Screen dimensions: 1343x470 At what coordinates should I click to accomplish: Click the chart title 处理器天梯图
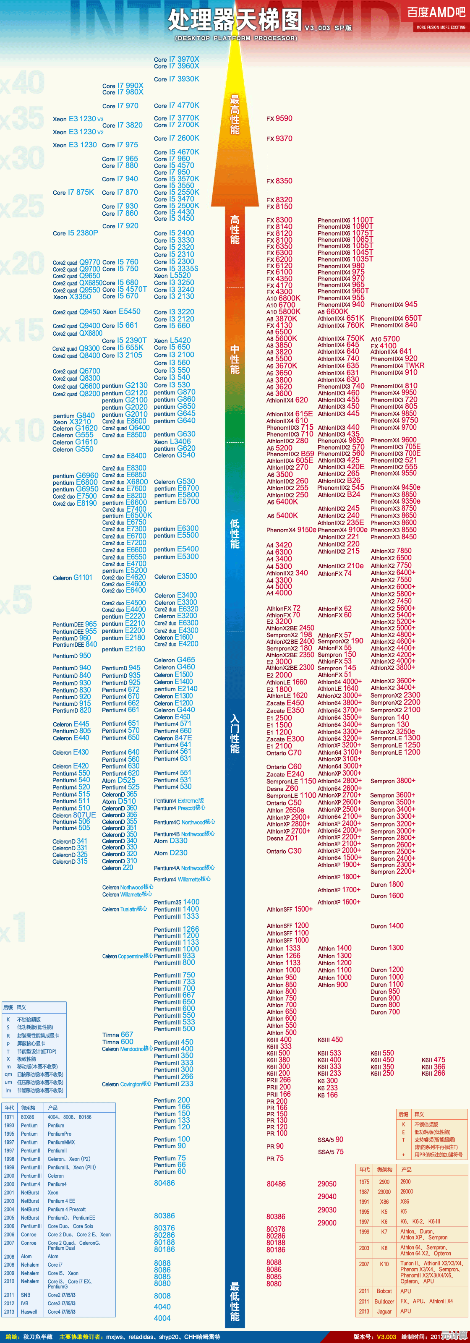pyautogui.click(x=235, y=21)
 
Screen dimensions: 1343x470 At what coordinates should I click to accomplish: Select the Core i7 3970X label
pyautogui.click(x=177, y=60)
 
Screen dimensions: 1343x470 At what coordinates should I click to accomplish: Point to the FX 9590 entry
pyautogui.click(x=279, y=118)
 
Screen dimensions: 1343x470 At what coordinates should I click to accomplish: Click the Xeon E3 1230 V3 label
pyautogui.click(x=78, y=119)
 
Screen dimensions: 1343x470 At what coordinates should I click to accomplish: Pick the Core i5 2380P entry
pyautogui.click(x=75, y=233)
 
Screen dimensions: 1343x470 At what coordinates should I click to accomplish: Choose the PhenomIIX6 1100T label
pyautogui.click(x=345, y=220)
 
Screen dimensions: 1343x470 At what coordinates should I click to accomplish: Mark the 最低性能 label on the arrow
pyautogui.click(x=235, y=1300)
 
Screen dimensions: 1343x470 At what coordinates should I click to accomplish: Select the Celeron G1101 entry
pyautogui.click(x=73, y=577)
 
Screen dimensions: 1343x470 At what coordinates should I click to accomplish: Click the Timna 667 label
pyautogui.click(x=118, y=1035)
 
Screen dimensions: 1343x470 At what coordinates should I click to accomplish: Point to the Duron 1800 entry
pyautogui.click(x=386, y=884)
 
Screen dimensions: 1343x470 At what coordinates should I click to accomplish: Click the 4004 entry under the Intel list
pyautogui.click(x=162, y=1318)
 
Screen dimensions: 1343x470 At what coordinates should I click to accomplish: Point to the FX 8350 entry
pyautogui.click(x=279, y=181)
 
